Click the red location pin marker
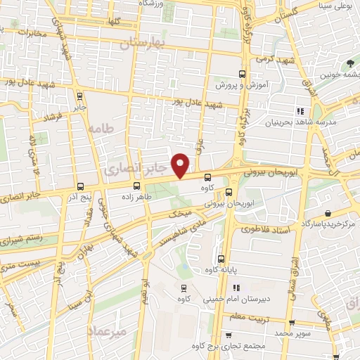click(181, 165)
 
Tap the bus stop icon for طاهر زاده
click(136, 186)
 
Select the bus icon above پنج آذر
click(81, 186)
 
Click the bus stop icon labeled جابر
click(79, 96)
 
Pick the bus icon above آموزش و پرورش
click(242, 74)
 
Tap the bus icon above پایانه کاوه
click(221, 258)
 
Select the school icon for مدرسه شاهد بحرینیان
click(300, 111)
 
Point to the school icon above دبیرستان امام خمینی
click(236, 287)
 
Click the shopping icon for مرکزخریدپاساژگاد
click(328, 213)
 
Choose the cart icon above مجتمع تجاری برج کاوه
click(229, 336)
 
